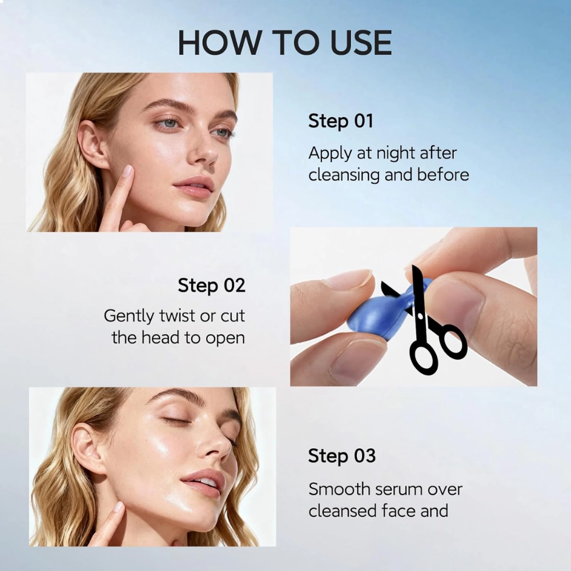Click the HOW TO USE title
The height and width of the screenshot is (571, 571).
click(x=285, y=43)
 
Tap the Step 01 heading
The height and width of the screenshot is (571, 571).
click(x=341, y=121)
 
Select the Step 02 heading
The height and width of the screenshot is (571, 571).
click(x=212, y=285)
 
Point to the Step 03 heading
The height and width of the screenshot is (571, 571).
click(x=341, y=456)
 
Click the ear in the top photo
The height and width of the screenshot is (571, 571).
click(x=92, y=145)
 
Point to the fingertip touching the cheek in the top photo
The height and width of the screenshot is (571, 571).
click(x=127, y=172)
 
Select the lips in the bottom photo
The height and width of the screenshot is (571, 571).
click(x=203, y=482)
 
